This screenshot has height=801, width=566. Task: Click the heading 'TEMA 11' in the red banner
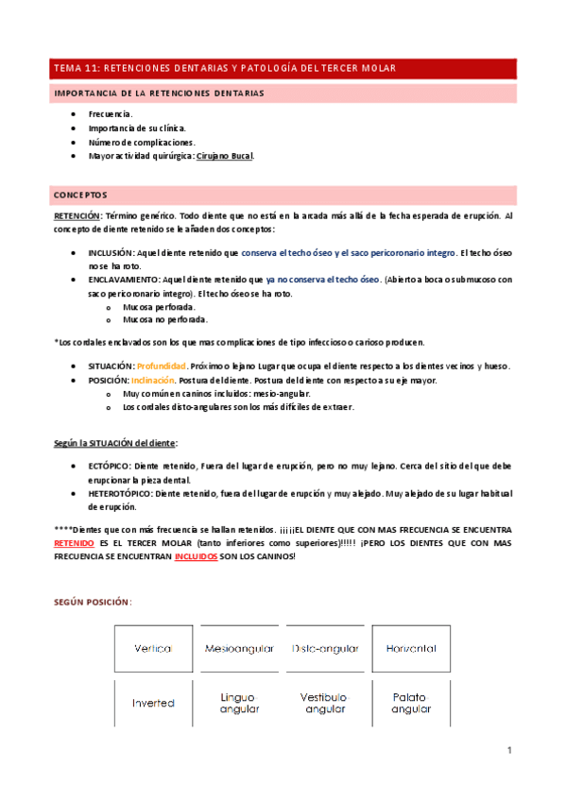(76, 68)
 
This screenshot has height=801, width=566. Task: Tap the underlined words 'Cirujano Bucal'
(224, 156)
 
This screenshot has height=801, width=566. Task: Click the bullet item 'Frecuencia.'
(110, 113)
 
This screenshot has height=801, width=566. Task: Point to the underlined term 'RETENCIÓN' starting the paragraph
(77, 216)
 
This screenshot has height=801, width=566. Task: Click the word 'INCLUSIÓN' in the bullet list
(111, 253)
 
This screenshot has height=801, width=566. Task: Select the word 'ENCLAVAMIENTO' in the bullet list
(124, 280)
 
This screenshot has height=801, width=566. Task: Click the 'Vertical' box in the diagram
(153, 649)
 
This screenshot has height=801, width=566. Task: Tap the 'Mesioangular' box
(239, 649)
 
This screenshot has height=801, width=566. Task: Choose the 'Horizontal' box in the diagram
(411, 649)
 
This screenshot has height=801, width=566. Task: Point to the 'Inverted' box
(153, 703)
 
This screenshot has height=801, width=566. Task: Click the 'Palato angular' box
(411, 703)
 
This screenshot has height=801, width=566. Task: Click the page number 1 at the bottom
(508, 750)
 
